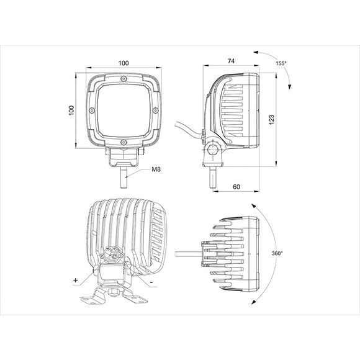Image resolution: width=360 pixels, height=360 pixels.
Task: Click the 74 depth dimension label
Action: pyautogui.click(x=231, y=61)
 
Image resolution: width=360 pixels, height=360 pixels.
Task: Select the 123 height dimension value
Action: pyautogui.click(x=271, y=120)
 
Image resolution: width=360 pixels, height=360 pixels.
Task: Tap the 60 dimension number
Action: pyautogui.click(x=236, y=186)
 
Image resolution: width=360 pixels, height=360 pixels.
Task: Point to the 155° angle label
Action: pyautogui.click(x=281, y=63)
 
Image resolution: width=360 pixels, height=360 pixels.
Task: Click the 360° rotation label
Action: pyautogui.click(x=277, y=253)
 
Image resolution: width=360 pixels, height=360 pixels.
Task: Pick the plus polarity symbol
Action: pyautogui.click(x=76, y=281)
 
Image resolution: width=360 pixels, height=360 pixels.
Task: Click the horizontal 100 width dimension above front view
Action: pyautogui.click(x=124, y=63)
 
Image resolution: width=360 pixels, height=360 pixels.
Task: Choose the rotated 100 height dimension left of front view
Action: pyautogui.click(x=72, y=110)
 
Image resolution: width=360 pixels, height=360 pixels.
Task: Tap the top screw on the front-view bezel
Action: pyautogui.click(x=124, y=79)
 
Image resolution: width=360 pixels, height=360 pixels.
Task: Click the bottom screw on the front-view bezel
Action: pyautogui.click(x=124, y=143)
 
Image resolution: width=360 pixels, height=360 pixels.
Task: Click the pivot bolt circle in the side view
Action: pyautogui.click(x=213, y=150)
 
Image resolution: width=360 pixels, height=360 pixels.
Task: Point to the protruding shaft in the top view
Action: pyautogui.click(x=188, y=253)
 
